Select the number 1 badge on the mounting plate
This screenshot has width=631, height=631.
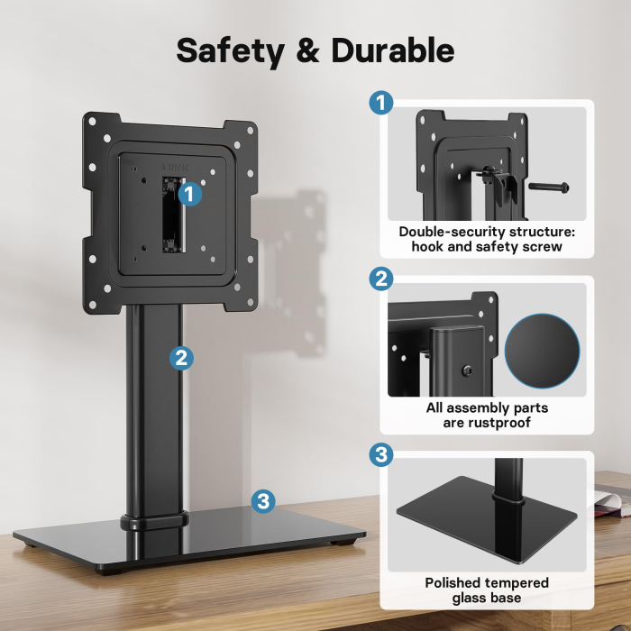pyautogui.click(x=188, y=192)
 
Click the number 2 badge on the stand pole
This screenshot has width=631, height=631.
pyautogui.click(x=181, y=358)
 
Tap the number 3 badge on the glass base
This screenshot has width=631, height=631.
pyautogui.click(x=262, y=501)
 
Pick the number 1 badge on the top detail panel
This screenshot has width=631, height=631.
pyautogui.click(x=381, y=103)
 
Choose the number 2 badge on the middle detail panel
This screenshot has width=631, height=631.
pyautogui.click(x=381, y=279)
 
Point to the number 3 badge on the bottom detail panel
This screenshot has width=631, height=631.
pyautogui.click(x=381, y=455)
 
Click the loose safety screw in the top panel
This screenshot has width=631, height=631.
pyautogui.click(x=548, y=187)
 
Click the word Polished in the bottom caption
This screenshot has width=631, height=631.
pyautogui.click(x=459, y=582)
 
